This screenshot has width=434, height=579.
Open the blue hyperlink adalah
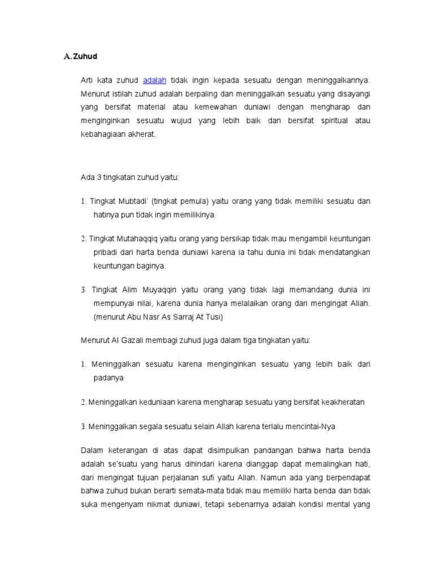[x=154, y=80]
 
